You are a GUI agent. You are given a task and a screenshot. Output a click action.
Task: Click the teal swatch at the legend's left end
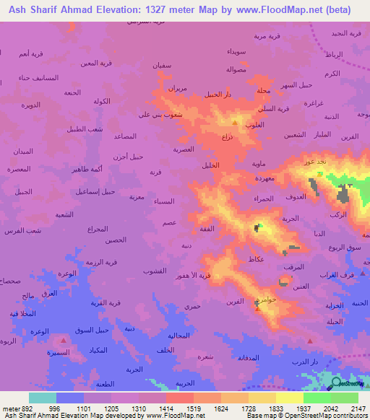[x=42, y=398]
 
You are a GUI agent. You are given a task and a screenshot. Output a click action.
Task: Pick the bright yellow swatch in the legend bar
[x=289, y=398]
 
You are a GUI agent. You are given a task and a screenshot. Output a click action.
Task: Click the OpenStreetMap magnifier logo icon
[x=336, y=382]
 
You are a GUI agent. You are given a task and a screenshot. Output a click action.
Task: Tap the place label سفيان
[x=162, y=65]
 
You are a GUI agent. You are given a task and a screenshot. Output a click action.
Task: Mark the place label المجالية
[x=178, y=336]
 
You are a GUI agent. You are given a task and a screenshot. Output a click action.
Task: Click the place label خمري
[x=192, y=307]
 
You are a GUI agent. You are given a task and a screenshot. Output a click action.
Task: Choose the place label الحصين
[x=116, y=239]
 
